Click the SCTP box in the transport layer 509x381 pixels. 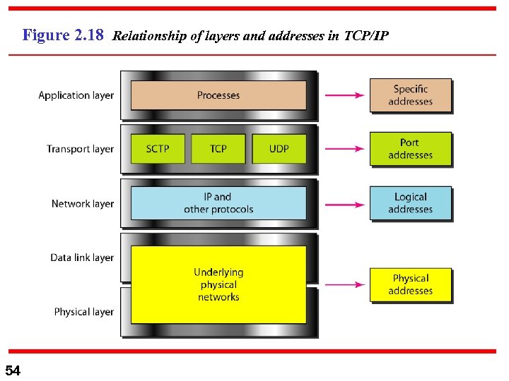[x=158, y=149]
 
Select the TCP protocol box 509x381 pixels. [x=218, y=149]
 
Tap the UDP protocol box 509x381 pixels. [x=279, y=149]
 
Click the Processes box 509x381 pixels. [x=218, y=95]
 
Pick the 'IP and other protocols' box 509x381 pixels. [x=218, y=203]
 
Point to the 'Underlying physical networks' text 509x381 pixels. [x=218, y=284]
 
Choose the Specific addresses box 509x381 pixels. [x=410, y=95]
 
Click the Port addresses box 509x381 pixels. [x=410, y=149]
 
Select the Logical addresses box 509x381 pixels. [x=410, y=203]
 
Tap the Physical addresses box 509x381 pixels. [x=410, y=284]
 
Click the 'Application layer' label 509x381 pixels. [x=76, y=95]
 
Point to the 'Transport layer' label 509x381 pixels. [x=80, y=149]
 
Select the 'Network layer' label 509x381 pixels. [x=82, y=204]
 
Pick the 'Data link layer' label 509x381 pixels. [x=82, y=258]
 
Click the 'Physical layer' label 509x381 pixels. [x=83, y=312]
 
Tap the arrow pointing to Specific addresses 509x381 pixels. [x=344, y=95]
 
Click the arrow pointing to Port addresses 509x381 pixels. [x=344, y=149]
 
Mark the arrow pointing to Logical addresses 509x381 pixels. [x=344, y=203]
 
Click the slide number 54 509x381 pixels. [x=13, y=370]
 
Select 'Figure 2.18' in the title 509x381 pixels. [x=63, y=35]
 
